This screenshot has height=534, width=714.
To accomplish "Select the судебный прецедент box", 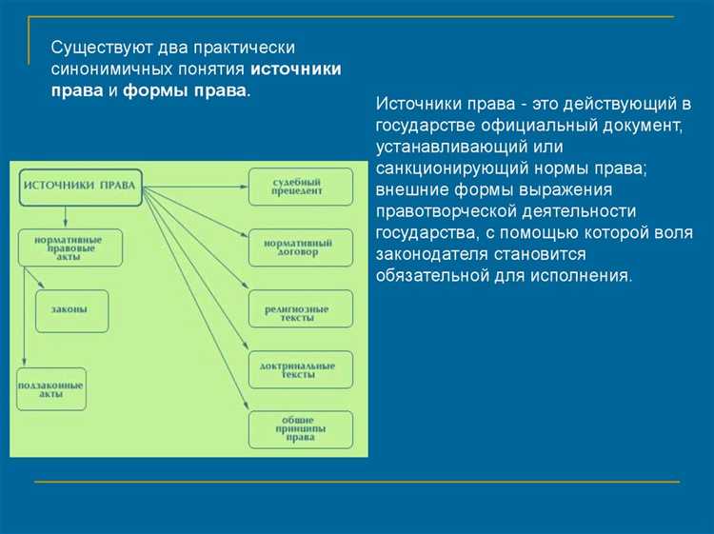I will click(x=300, y=186).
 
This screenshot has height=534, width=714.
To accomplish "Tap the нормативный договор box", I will click(x=300, y=247).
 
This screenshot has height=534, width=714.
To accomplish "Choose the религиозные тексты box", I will click(x=300, y=309).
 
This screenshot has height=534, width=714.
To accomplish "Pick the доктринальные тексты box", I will click(x=300, y=369).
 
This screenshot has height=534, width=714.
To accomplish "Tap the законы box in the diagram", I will click(x=72, y=310).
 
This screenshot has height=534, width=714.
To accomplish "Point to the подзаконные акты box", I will click(x=50, y=389).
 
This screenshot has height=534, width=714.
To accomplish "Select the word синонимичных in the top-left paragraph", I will click(x=102, y=69).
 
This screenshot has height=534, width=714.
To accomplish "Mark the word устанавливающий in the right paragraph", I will click(x=439, y=147).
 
